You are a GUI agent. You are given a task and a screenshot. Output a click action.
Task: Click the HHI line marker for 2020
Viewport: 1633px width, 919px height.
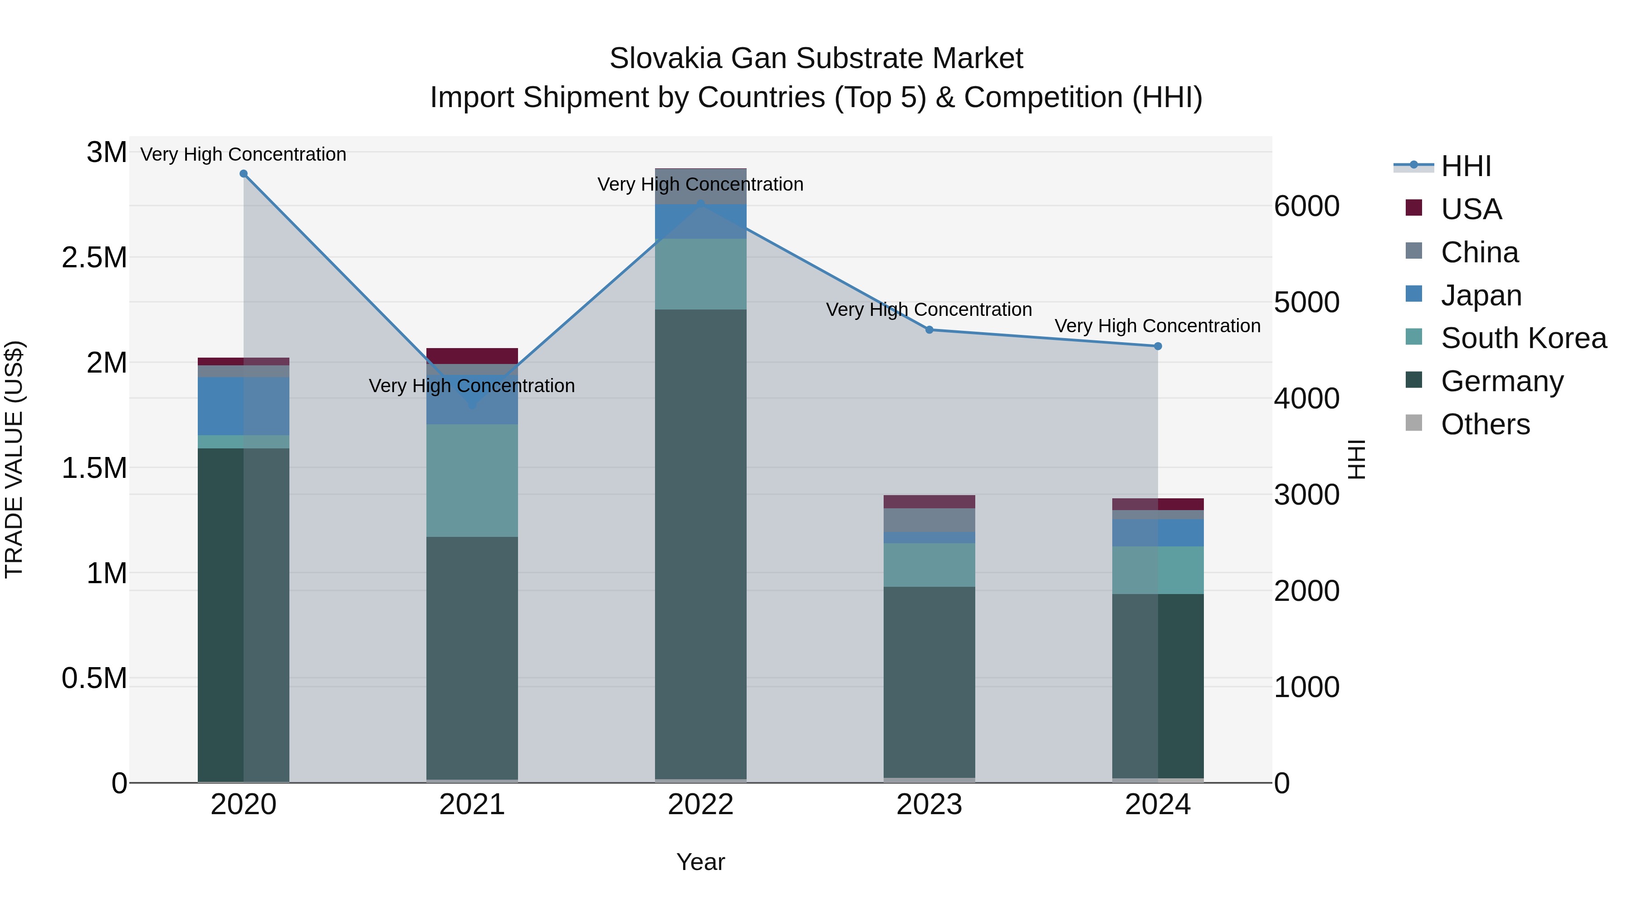pos(244,174)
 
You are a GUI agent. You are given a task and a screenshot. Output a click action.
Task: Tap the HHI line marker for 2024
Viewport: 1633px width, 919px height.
pos(1158,346)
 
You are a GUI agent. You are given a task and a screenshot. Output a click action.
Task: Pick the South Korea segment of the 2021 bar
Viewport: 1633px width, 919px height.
pos(472,480)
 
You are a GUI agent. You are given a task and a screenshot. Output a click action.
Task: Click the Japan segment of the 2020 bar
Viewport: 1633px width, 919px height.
pos(244,406)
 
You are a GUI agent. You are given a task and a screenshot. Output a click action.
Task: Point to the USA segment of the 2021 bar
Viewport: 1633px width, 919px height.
pos(472,356)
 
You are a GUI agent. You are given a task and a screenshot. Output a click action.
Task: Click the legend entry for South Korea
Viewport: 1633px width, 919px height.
pos(1523,338)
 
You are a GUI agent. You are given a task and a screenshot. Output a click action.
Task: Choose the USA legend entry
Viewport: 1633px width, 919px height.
pos(1471,209)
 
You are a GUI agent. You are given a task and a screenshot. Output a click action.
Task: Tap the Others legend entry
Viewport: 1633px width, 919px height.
pos(1485,424)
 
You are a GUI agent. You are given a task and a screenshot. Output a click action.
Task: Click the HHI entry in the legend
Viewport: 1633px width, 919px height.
pos(1465,166)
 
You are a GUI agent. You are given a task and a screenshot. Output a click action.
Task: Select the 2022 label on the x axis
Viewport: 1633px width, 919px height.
pos(700,805)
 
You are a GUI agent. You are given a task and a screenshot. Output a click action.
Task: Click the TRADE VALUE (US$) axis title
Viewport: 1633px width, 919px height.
pos(15,459)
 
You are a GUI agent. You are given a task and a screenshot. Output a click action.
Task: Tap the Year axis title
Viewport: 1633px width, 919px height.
pos(700,862)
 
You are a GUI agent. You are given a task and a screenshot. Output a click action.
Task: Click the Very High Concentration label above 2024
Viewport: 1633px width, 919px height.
pos(1158,326)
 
